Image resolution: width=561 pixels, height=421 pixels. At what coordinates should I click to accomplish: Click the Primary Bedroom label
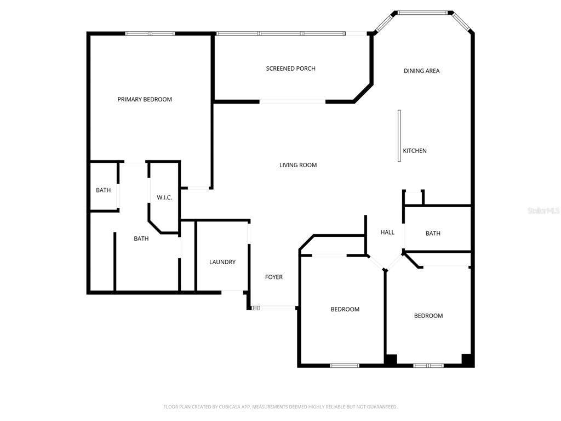[145, 100]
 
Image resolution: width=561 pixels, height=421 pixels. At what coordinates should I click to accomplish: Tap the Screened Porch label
[290, 69]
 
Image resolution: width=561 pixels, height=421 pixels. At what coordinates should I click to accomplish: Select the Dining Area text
[421, 71]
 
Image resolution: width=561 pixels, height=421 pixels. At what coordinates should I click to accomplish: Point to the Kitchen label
[415, 151]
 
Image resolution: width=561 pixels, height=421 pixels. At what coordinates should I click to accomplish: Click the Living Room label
[298, 165]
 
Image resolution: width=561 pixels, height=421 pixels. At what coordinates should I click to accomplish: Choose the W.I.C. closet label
[164, 197]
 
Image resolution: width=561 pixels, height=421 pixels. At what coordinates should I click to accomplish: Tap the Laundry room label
[222, 262]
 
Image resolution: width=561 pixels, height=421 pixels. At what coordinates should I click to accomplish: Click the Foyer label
[274, 277]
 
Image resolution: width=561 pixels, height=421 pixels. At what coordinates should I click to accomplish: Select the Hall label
[387, 232]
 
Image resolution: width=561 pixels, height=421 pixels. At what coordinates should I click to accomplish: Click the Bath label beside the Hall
[433, 234]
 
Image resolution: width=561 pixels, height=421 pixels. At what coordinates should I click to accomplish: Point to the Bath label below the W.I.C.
[141, 238]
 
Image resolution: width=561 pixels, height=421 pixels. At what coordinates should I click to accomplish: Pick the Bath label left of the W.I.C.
[103, 190]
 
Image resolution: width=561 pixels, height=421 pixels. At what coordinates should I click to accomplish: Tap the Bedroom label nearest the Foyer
[345, 309]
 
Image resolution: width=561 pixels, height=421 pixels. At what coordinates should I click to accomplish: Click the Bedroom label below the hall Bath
[428, 316]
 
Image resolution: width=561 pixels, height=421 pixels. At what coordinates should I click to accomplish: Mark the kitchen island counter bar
[399, 136]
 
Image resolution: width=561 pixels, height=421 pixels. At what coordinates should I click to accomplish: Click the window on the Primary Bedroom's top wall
[150, 33]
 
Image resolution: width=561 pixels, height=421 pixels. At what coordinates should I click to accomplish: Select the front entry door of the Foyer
[274, 308]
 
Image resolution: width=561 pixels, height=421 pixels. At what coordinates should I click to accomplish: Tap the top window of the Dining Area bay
[422, 13]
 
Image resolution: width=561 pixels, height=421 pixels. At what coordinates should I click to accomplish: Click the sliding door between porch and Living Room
[293, 102]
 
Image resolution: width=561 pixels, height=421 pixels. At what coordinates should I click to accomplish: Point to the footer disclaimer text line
[280, 407]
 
